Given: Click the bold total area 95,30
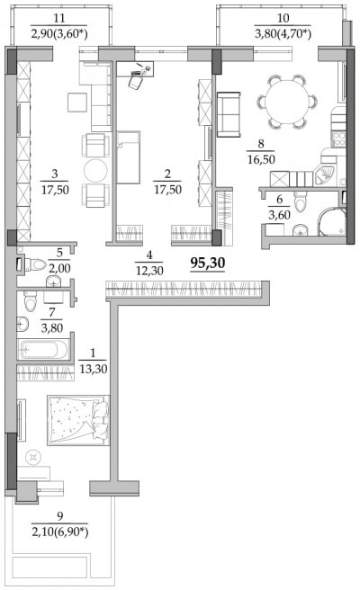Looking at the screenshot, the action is tap(208, 264).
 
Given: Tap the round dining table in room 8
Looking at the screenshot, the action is tap(287, 102).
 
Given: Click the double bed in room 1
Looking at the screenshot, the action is tap(78, 420).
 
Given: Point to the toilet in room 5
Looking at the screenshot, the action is tap(34, 265).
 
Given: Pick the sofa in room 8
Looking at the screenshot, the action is tap(229, 114).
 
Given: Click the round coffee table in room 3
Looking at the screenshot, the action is tap(95, 171).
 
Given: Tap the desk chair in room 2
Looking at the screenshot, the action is tap(135, 81).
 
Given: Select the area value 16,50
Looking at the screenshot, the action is tap(261, 159).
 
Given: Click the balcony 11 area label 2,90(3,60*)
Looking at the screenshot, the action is tap(59, 34).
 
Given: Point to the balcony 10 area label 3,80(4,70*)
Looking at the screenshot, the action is tap(283, 34).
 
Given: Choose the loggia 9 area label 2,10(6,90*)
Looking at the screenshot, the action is tap(60, 532).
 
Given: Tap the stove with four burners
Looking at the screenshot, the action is tap(338, 139).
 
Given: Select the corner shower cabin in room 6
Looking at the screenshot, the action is tap(332, 222).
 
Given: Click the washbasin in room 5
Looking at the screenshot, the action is tap(54, 282).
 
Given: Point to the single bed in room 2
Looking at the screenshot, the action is tap(129, 157).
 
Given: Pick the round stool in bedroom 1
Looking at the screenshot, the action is tap(33, 457).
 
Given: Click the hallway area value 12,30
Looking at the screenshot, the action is tap(149, 271).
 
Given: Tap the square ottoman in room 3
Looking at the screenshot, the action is tap(77, 102).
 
